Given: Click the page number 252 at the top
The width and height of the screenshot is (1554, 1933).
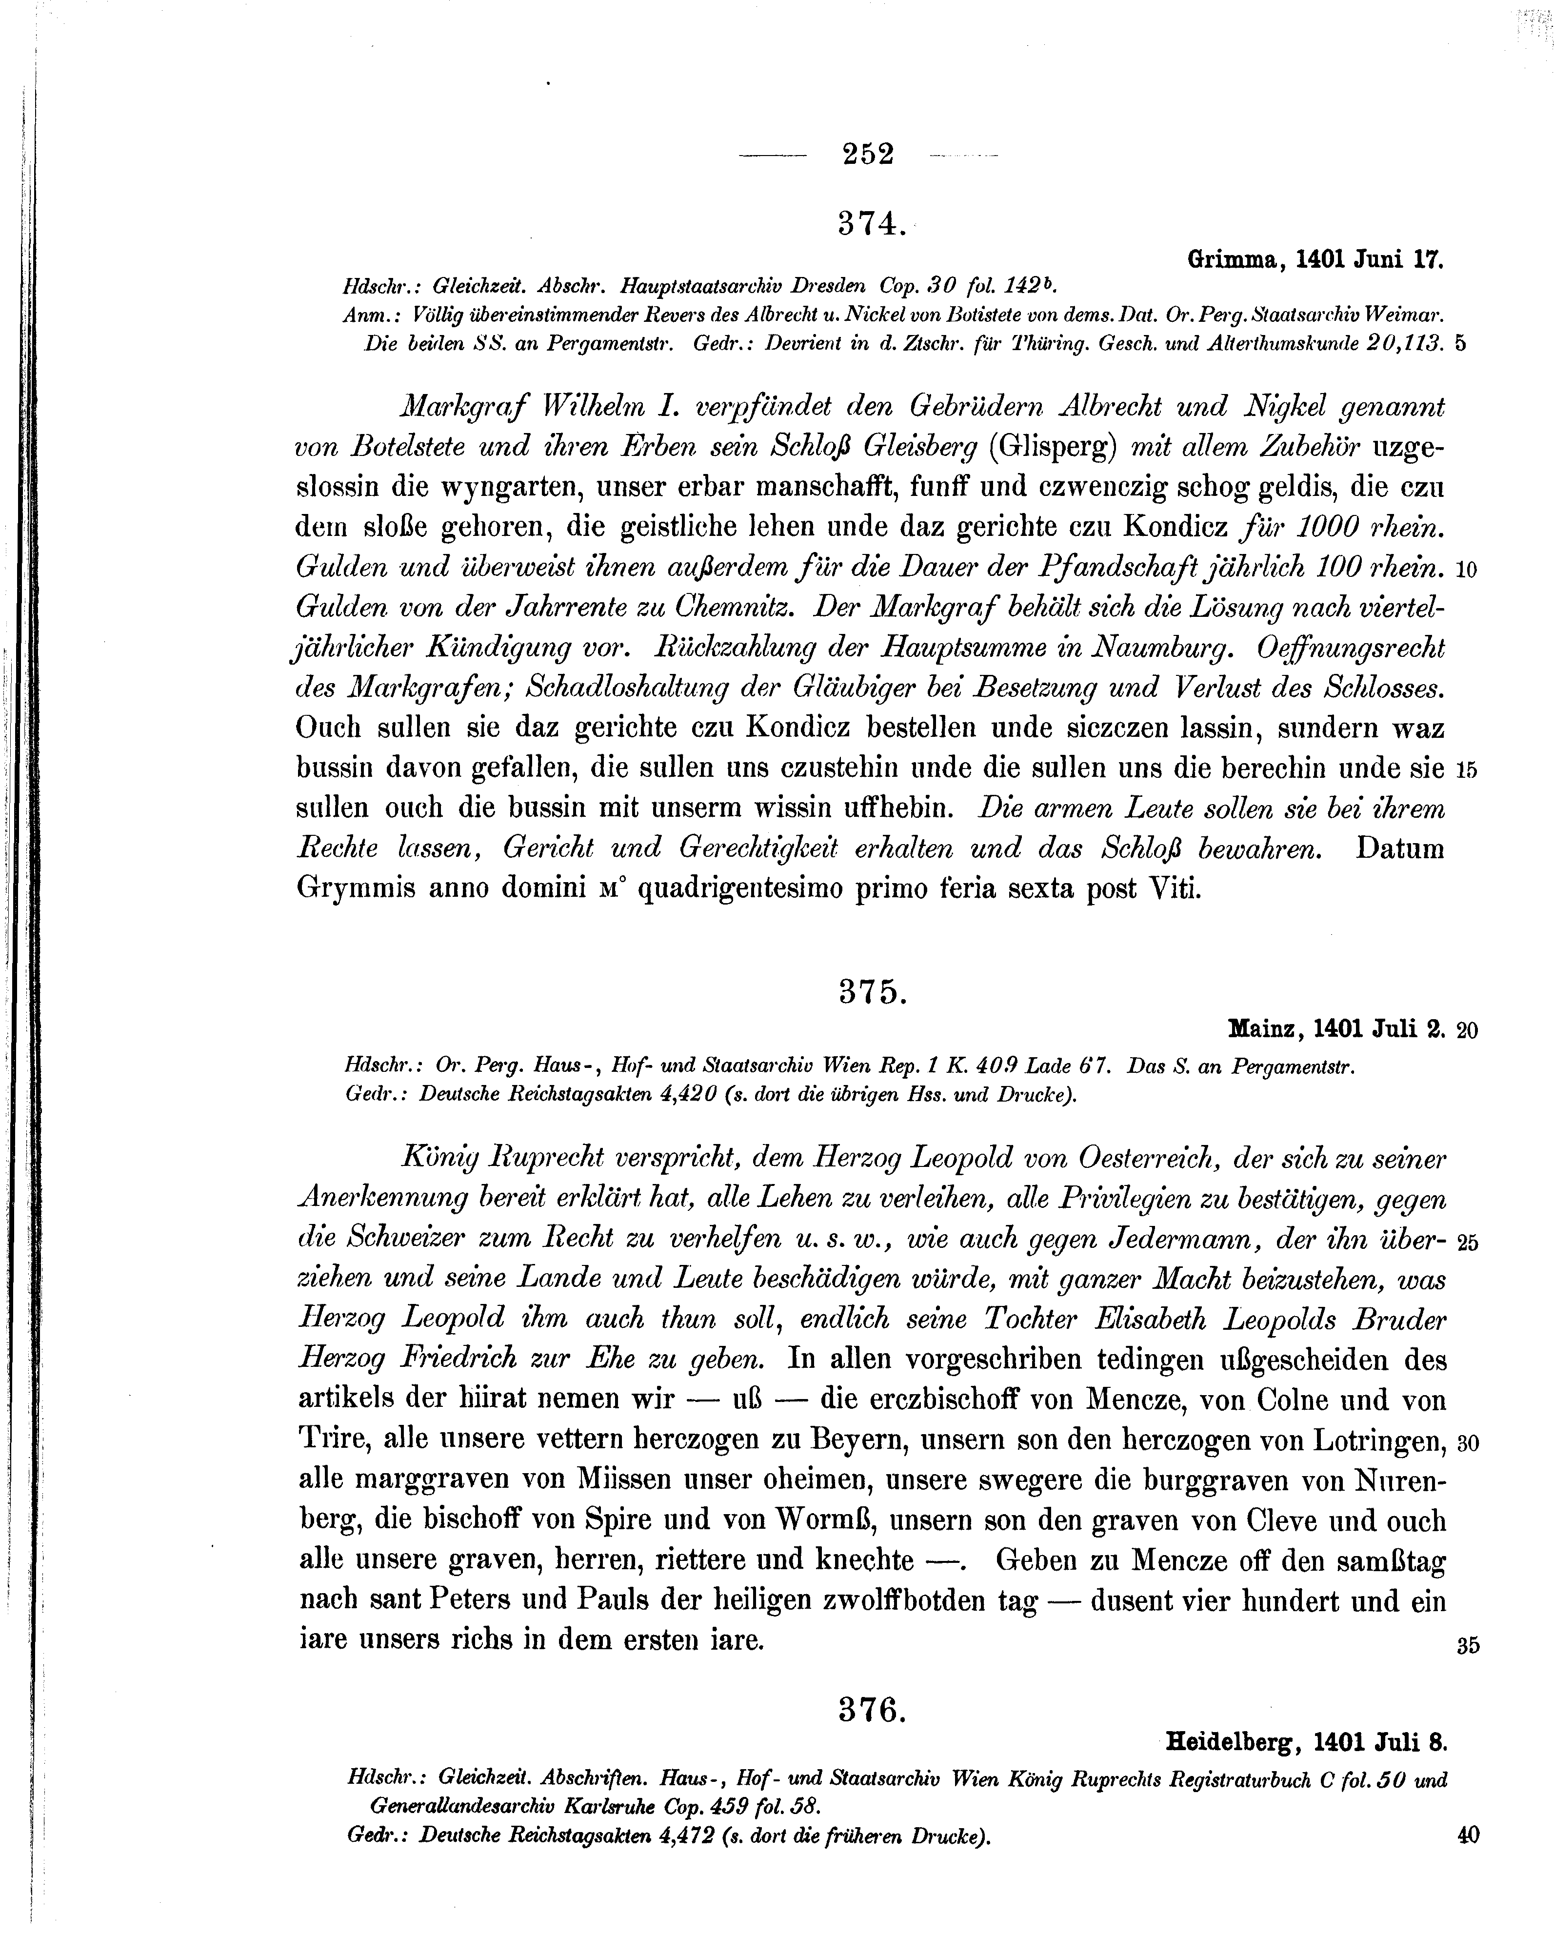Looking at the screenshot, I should coord(868,154).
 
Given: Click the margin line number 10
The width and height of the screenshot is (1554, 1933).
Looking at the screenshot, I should coord(1467,570).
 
